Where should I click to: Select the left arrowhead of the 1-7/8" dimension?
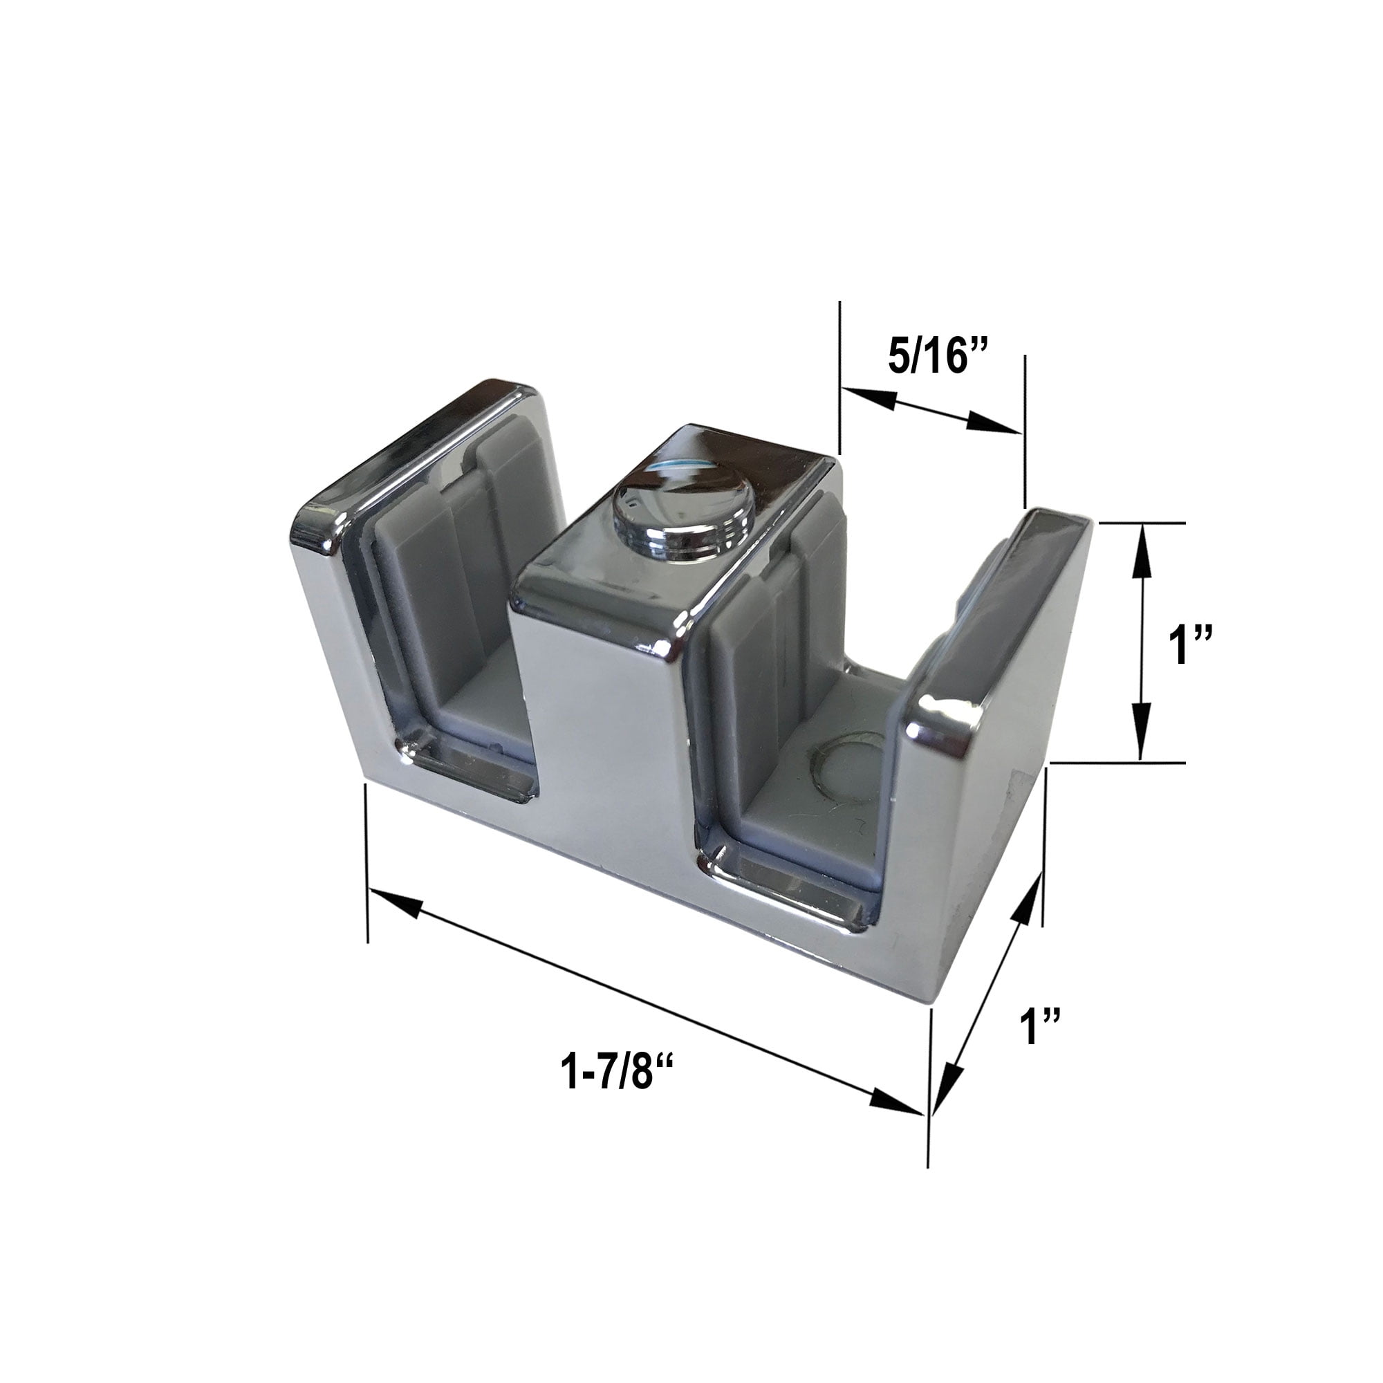pos(390,901)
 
